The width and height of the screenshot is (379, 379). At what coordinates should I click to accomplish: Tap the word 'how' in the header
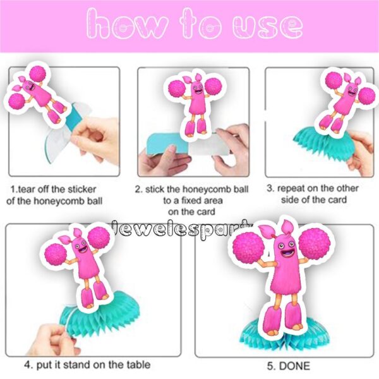pyautogui.click(x=127, y=24)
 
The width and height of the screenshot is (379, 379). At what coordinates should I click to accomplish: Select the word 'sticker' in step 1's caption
pyautogui.click(x=81, y=189)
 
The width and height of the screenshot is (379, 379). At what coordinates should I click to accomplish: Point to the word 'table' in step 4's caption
pyautogui.click(x=138, y=364)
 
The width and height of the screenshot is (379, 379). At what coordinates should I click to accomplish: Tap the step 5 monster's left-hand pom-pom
pyautogui.click(x=247, y=248)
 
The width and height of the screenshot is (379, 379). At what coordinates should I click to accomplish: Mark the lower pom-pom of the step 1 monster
pyautogui.click(x=17, y=102)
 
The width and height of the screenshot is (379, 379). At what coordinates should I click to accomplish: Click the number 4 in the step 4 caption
pyautogui.click(x=27, y=364)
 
